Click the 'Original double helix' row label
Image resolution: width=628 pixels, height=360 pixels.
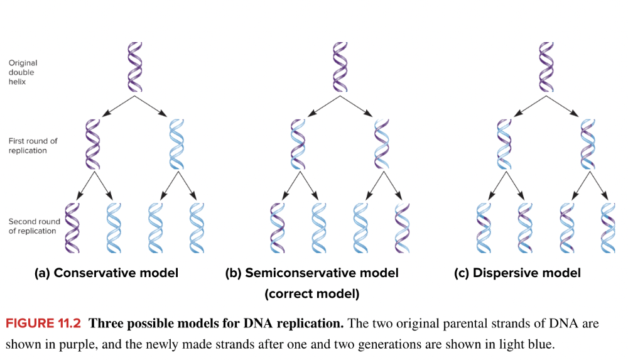pyautogui.click(x=23, y=72)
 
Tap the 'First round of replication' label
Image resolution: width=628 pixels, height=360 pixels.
pyautogui.click(x=33, y=146)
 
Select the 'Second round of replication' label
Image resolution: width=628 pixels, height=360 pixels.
pyautogui.click(x=34, y=226)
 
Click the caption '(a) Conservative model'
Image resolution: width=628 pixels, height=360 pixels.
pyautogui.click(x=107, y=273)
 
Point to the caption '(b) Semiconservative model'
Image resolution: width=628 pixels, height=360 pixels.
pyautogui.click(x=312, y=273)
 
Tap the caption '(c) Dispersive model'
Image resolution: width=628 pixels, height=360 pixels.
pyautogui.click(x=517, y=273)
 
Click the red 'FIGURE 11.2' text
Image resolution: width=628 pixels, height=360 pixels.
pyautogui.click(x=45, y=324)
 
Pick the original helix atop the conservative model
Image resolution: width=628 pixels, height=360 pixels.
pyautogui.click(x=135, y=67)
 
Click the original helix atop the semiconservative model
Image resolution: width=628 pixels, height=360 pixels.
pyautogui.click(x=340, y=67)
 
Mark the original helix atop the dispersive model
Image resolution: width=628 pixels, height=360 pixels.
pyautogui.click(x=546, y=67)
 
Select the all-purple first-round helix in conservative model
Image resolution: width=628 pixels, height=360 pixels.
pyautogui.click(x=93, y=144)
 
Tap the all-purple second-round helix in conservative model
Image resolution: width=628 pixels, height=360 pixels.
pyautogui.click(x=72, y=227)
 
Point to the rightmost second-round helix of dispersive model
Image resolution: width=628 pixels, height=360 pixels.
pyautogui.click(x=607, y=227)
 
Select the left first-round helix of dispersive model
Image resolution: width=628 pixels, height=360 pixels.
pyautogui.click(x=504, y=144)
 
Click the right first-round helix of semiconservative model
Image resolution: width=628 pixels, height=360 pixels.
pyautogui.click(x=381, y=144)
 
